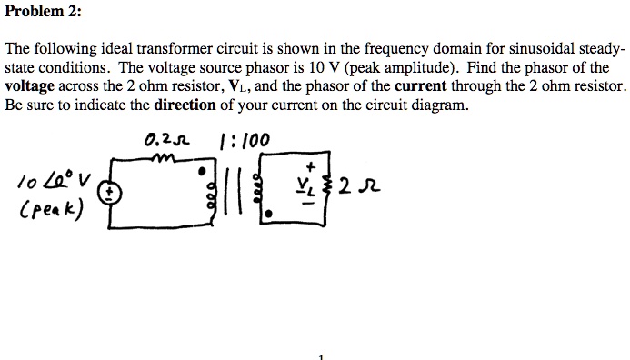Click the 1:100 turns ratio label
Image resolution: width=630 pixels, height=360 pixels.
(x=245, y=141)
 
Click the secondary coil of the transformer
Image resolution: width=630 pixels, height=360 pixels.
(x=258, y=193)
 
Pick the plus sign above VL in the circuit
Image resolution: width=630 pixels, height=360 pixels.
(x=311, y=168)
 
